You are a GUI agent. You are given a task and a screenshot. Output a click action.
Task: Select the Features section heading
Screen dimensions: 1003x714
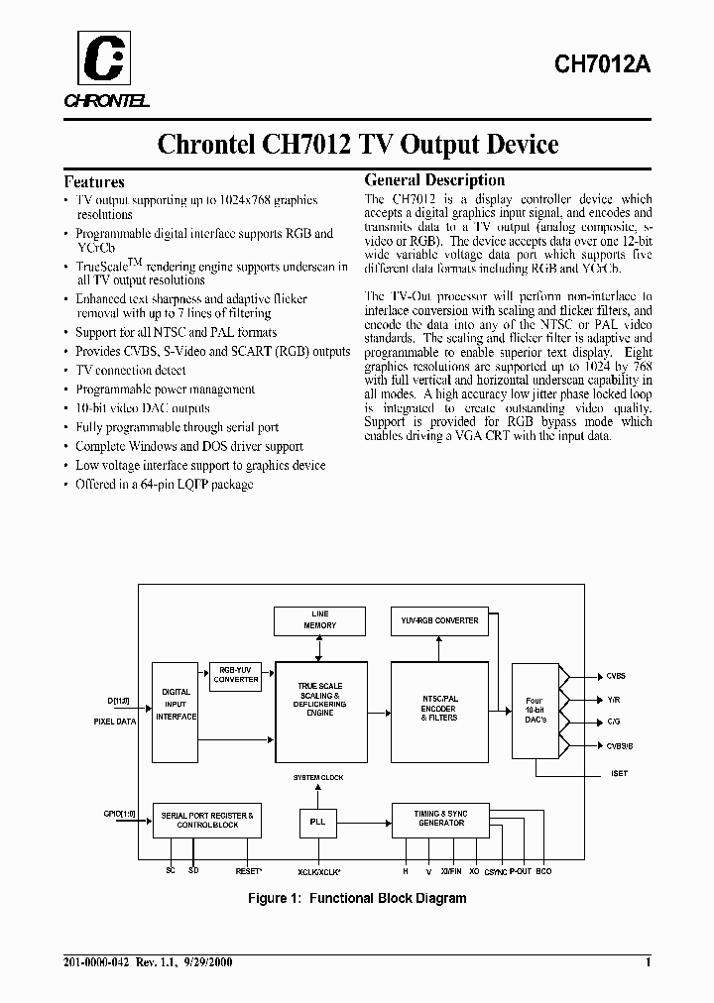coord(94,181)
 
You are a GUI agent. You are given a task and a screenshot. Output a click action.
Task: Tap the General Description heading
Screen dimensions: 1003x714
coord(434,180)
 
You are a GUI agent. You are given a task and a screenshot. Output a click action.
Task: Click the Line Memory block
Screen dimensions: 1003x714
coord(319,619)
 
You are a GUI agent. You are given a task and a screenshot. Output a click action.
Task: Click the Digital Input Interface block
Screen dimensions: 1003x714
coord(176,705)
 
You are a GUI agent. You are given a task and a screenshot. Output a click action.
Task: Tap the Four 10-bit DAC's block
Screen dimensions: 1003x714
coord(535,709)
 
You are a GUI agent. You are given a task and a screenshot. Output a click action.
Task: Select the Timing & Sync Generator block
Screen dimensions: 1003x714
coord(440,818)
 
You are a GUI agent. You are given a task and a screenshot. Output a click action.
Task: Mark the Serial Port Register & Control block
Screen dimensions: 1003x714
coord(207,820)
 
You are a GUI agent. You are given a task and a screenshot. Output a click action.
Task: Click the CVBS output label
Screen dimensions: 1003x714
coord(616,676)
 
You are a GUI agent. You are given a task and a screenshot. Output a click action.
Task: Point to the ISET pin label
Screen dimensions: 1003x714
coord(619,773)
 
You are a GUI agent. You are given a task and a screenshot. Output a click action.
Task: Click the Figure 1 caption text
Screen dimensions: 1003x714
coord(356,898)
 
